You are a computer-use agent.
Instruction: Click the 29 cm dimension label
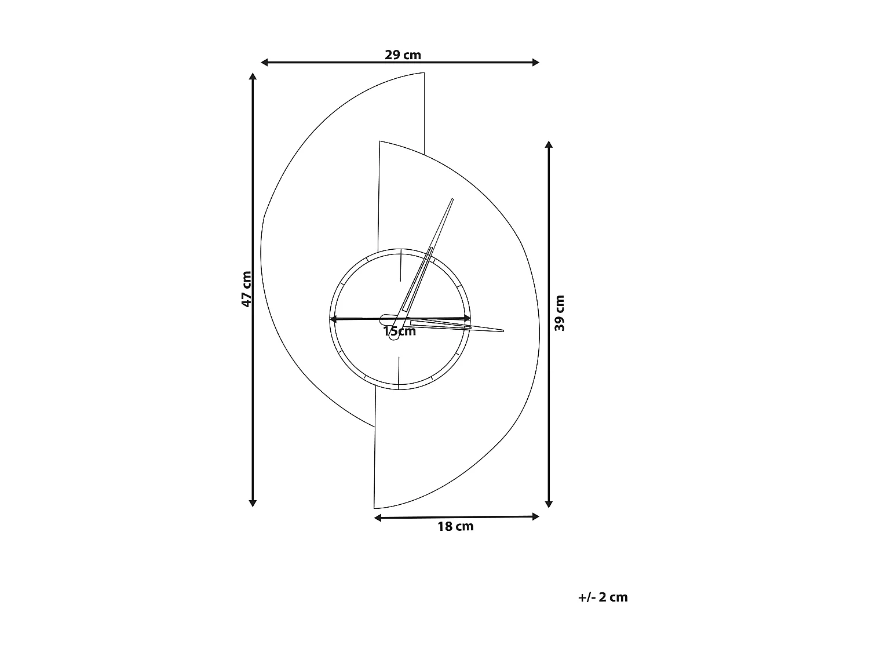[403, 55]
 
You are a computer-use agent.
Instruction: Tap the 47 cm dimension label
[247, 289]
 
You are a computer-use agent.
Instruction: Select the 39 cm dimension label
[560, 313]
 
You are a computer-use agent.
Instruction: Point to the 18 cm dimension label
[455, 526]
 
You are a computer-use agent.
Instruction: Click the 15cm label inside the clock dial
[400, 332]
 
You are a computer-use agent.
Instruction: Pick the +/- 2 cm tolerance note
[603, 597]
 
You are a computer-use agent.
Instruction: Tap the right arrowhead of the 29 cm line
[536, 62]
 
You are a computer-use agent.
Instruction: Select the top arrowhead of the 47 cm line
[253, 77]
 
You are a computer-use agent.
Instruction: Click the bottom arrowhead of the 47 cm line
[253, 503]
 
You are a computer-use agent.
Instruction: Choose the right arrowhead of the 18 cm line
[536, 516]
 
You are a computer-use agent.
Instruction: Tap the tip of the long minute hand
[452, 199]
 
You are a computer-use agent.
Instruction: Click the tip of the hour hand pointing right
[503, 331]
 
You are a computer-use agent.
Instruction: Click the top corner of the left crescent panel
[423, 73]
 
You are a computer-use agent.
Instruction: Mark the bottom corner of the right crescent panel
[375, 508]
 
